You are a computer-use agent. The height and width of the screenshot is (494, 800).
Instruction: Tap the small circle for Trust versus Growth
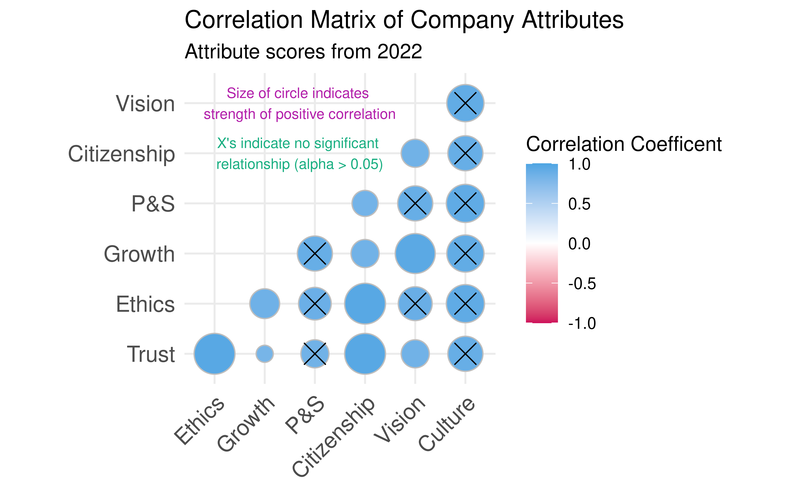coord(264,354)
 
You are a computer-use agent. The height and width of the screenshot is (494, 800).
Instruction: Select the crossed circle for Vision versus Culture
coord(465,103)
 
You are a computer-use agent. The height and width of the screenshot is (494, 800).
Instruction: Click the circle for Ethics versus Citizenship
coord(365,303)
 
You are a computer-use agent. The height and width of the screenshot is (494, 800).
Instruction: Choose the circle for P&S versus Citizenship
coord(365,203)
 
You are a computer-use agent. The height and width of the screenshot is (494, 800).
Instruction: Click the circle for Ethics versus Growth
coord(264,303)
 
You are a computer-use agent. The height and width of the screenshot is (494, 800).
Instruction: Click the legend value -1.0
coord(582,323)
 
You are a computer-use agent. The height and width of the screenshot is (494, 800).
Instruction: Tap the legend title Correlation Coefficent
coord(623,144)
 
